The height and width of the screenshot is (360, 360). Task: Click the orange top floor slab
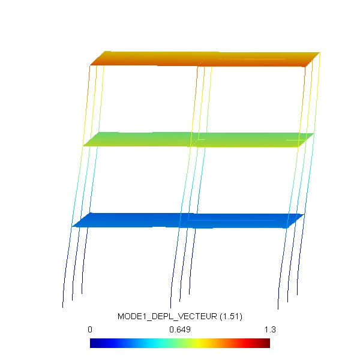(x=205, y=59)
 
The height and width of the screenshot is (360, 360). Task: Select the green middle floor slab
(x=199, y=140)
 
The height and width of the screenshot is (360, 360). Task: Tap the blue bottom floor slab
(x=188, y=221)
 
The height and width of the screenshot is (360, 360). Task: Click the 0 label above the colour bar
(x=90, y=329)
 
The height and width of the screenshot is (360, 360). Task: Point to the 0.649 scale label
(x=180, y=329)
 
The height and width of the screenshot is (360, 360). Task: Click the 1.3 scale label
(x=270, y=329)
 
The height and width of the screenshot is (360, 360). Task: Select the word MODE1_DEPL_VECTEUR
(x=167, y=316)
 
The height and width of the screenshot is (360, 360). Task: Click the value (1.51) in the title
(x=231, y=316)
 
